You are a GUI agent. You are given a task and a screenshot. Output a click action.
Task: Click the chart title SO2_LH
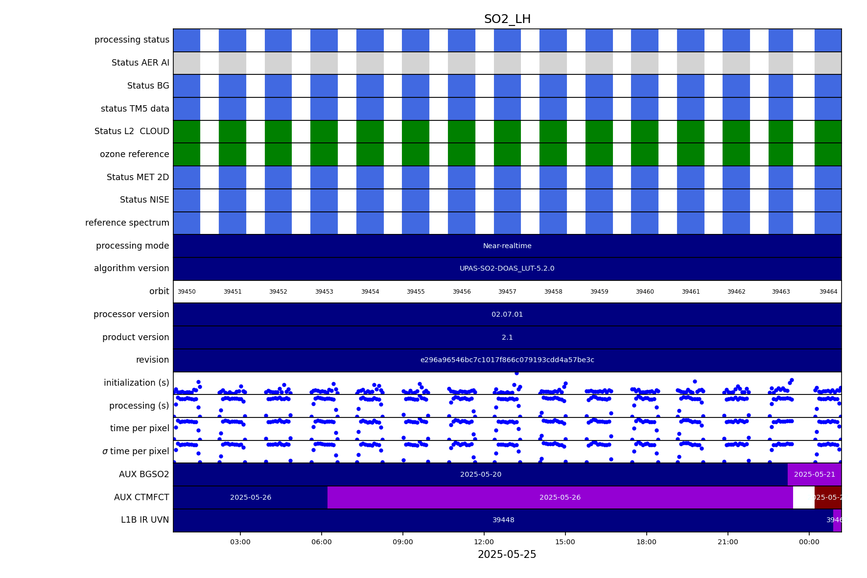pyautogui.click(x=507, y=19)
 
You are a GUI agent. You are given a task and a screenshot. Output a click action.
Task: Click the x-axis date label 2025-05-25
pyautogui.click(x=507, y=555)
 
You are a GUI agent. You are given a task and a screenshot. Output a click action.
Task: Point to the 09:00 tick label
pyautogui.click(x=402, y=542)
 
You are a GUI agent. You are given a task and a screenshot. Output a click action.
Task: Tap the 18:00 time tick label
pyautogui.click(x=646, y=542)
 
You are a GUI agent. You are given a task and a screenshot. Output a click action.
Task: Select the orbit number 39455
pyautogui.click(x=416, y=292)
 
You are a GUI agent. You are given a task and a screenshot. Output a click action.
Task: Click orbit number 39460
pyautogui.click(x=645, y=292)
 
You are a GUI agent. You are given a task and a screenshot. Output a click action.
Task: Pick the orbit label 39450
pyautogui.click(x=187, y=292)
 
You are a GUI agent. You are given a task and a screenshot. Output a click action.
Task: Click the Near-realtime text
pyautogui.click(x=507, y=246)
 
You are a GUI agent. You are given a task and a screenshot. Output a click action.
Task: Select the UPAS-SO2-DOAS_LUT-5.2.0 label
pyautogui.click(x=507, y=269)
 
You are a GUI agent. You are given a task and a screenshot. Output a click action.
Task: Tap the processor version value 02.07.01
pyautogui.click(x=507, y=314)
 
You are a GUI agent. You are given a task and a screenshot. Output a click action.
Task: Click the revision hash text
pyautogui.click(x=507, y=360)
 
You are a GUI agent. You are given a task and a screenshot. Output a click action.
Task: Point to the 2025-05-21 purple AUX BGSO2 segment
pyautogui.click(x=814, y=474)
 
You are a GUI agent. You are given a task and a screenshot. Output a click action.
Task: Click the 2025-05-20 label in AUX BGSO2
pyautogui.click(x=481, y=474)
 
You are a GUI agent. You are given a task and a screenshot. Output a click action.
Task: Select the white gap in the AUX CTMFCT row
pyautogui.click(x=803, y=497)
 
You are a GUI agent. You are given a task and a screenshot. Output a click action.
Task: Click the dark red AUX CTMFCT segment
pyautogui.click(x=828, y=497)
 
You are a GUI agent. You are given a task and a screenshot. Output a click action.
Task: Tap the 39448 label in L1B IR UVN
pyautogui.click(x=503, y=520)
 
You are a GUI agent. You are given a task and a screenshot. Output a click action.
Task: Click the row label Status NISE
pyautogui.click(x=144, y=200)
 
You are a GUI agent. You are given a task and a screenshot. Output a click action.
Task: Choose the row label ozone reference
pyautogui.click(x=135, y=154)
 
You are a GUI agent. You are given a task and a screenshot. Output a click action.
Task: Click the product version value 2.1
pyautogui.click(x=507, y=337)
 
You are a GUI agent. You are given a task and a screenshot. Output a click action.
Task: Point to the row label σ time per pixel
pyautogui.click(x=136, y=451)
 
